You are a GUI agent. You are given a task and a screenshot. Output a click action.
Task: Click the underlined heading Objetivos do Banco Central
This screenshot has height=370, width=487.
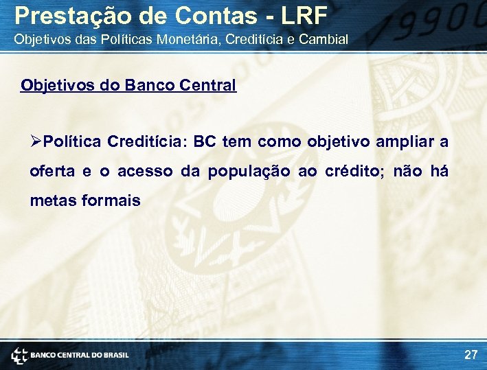[128, 86]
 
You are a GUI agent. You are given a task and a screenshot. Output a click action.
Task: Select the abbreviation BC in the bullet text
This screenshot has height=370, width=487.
[205, 142]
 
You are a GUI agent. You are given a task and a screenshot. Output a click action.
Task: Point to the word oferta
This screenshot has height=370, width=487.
[52, 172]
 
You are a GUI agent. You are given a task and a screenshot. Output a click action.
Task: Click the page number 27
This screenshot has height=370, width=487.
[471, 355]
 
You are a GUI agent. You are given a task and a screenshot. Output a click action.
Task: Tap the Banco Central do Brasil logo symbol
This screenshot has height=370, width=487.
[19, 355]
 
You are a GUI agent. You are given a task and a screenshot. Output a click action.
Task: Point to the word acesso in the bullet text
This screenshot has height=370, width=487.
[144, 172]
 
